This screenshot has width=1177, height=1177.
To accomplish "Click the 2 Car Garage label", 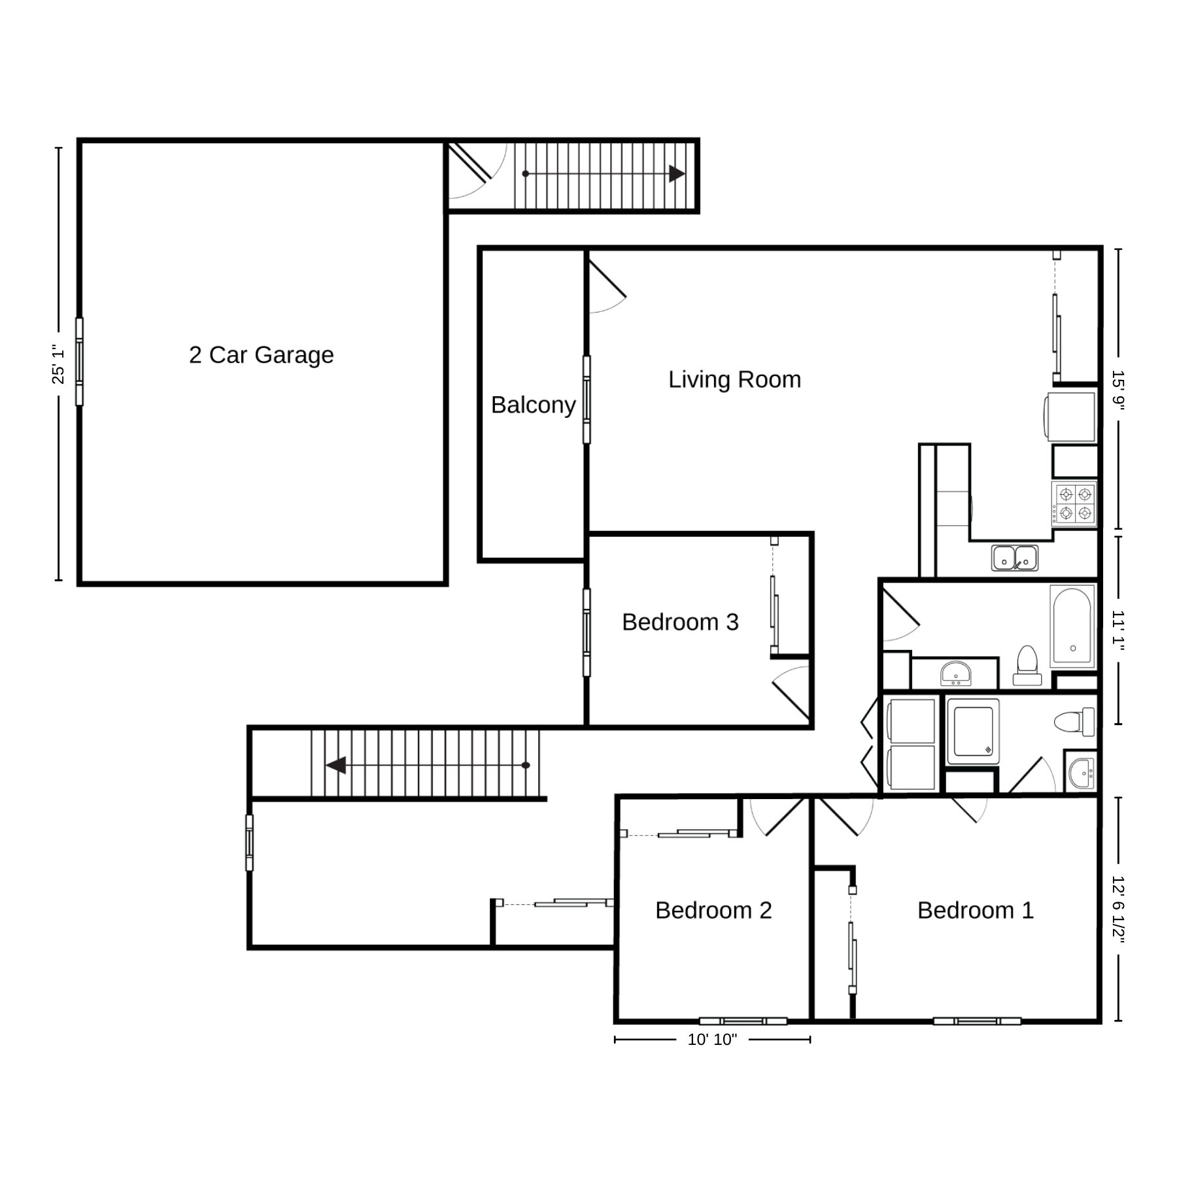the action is (x=262, y=355).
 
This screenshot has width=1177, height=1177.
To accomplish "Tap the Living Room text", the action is (x=734, y=380).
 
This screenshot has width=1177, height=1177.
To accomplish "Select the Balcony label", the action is (x=533, y=405).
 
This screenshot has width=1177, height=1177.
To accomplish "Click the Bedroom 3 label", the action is (x=680, y=622).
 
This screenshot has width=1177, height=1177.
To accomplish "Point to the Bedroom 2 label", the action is (x=713, y=910).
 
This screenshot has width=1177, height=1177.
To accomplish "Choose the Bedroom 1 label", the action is (x=976, y=910).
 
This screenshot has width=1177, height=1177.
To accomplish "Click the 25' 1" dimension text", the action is (x=58, y=364).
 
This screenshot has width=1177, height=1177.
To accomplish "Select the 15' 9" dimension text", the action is (x=1118, y=390).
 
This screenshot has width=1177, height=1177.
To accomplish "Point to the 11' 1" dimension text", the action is (x=1118, y=631).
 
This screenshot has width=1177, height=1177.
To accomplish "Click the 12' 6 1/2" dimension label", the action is (x=1118, y=910).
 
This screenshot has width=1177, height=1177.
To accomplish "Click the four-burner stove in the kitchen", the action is (x=1074, y=503).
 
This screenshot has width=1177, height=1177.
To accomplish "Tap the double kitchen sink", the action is (x=1014, y=558).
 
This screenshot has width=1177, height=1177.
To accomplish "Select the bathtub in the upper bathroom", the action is (x=1072, y=626).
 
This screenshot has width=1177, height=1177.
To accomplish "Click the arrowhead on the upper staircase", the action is (x=677, y=174).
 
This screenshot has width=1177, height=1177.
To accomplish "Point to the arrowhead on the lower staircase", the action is (x=336, y=765).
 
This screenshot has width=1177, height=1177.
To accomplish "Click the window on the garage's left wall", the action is (x=79, y=362).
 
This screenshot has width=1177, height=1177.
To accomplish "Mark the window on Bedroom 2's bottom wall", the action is (x=743, y=1021).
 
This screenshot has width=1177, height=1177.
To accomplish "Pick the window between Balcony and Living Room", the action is (x=587, y=400).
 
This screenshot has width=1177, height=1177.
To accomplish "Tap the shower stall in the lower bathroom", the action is (x=973, y=731).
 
